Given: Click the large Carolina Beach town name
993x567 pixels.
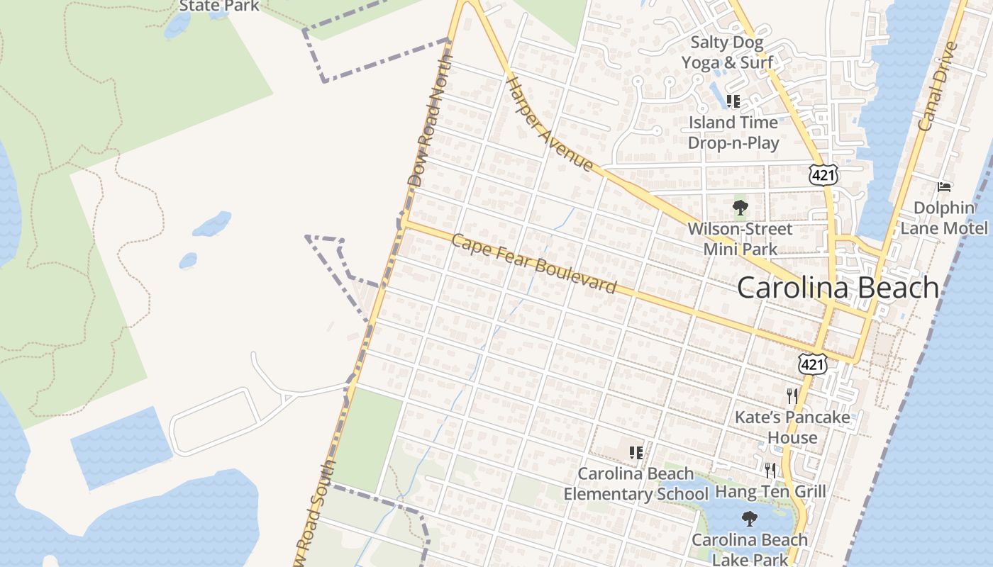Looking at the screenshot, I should pyautogui.click(x=838, y=288).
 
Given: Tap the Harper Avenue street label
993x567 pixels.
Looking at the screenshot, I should pyautogui.click(x=549, y=125).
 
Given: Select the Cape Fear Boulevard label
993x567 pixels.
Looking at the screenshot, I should pyautogui.click(x=533, y=264).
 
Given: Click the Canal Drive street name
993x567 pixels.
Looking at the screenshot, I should pyautogui.click(x=938, y=86).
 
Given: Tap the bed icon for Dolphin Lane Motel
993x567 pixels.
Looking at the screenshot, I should pyautogui.click(x=944, y=187).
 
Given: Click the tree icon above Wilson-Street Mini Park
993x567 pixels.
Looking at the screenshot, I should pyautogui.click(x=740, y=208).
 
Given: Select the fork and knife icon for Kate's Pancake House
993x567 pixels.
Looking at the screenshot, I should pyautogui.click(x=792, y=395).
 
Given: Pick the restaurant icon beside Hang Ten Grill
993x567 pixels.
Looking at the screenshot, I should pyautogui.click(x=770, y=470).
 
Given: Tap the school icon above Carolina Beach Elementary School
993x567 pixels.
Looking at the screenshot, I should pyautogui.click(x=636, y=452).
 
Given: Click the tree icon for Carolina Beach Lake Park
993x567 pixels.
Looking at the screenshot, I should pyautogui.click(x=749, y=519).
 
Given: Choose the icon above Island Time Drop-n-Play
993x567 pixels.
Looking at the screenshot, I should pyautogui.click(x=733, y=101).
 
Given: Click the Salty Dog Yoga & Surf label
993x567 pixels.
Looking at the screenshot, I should pyautogui.click(x=727, y=52).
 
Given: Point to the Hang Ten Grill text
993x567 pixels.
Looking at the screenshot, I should pyautogui.click(x=770, y=491).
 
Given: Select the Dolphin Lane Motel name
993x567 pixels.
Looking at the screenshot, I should pyautogui.click(x=943, y=218).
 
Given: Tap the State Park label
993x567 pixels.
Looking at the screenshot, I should pyautogui.click(x=218, y=6).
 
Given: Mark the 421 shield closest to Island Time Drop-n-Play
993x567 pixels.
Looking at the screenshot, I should pyautogui.click(x=823, y=175).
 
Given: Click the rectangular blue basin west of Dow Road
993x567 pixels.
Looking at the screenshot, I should pyautogui.click(x=121, y=447).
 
